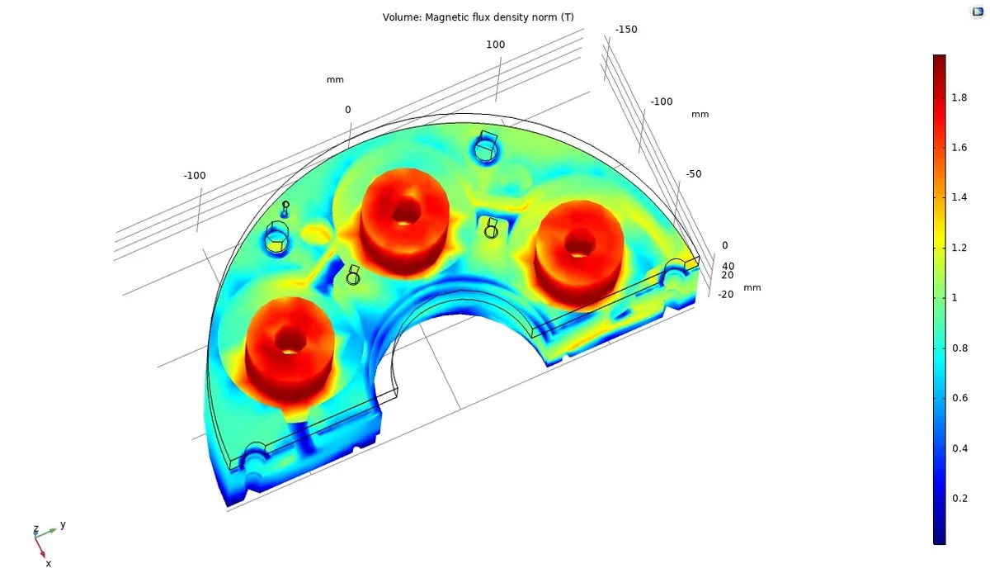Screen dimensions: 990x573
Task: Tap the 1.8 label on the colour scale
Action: tap(959, 97)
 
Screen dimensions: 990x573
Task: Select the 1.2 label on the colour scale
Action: tap(959, 248)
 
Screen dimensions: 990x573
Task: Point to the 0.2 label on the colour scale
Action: tap(959, 499)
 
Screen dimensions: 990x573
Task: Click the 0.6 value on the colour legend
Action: tap(959, 398)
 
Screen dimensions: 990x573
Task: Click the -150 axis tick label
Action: tap(626, 30)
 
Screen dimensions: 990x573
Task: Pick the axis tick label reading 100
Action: tap(496, 45)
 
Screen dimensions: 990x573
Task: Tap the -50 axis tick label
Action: tap(694, 174)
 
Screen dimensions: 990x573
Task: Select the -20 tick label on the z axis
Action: tap(725, 295)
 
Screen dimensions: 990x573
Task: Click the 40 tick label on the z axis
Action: tap(728, 267)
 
